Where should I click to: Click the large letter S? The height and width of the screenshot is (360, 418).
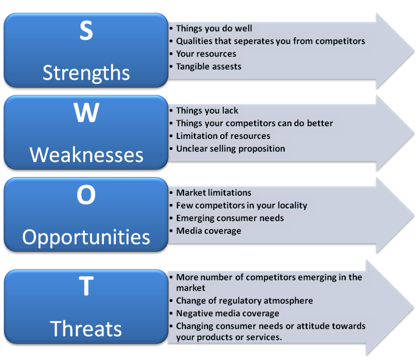tap(86, 30)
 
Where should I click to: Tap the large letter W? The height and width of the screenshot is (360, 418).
tap(87, 113)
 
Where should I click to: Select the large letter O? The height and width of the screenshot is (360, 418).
tap(86, 195)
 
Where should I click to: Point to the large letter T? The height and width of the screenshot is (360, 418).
tap(86, 286)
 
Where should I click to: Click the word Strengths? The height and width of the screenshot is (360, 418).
tap(86, 73)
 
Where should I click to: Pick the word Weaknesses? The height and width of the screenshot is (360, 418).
tap(87, 154)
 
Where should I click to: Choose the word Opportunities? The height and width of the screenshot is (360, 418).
tap(86, 237)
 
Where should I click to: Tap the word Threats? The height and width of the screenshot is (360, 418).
tap(86, 329)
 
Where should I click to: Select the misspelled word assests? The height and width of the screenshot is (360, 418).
tap(227, 67)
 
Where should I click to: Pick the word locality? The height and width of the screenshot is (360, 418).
tap(292, 206)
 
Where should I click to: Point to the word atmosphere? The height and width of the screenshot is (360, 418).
tap(288, 301)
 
